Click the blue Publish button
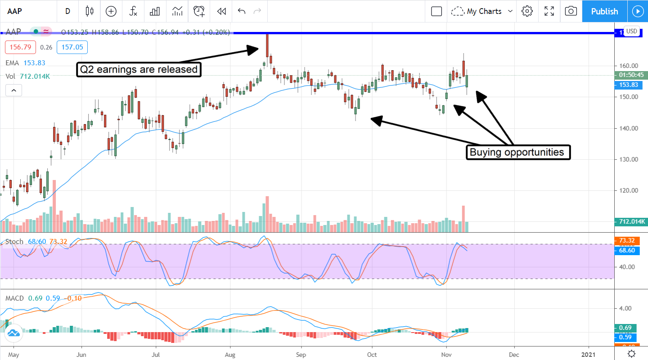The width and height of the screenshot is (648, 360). tap(604, 11)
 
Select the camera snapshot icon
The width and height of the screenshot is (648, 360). tap(571, 11)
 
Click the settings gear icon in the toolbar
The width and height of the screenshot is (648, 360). tap(527, 11)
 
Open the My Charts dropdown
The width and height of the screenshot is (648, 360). tap(482, 11)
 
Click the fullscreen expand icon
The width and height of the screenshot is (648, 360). tap(549, 11)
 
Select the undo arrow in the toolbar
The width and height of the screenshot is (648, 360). tap(242, 11)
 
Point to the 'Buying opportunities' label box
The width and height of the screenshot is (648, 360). tap(517, 152)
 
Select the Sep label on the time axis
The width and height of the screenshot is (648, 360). tap(301, 354)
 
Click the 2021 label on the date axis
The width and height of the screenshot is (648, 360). tap(589, 354)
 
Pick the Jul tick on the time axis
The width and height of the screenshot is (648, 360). tap(155, 354)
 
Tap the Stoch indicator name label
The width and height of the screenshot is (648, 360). tap(14, 242)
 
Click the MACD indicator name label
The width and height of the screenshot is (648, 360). tap(15, 298)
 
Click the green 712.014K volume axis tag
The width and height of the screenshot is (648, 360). tap(629, 221)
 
